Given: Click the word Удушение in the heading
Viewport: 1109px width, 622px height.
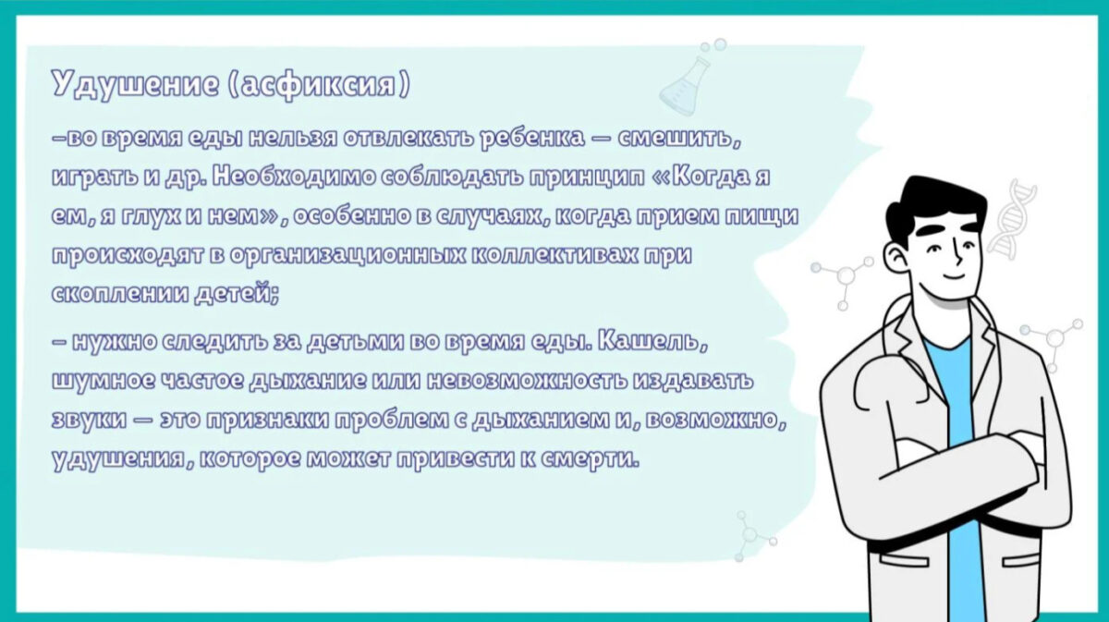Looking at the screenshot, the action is click(135, 84).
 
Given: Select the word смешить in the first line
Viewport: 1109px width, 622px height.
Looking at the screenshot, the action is click(678, 138).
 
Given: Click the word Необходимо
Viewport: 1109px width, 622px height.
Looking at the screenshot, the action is click(294, 177).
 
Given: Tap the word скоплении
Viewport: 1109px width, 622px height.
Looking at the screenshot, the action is click(120, 293).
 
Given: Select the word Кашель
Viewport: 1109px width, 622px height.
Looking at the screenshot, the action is click(652, 341).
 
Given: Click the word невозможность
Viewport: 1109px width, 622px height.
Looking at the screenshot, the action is click(527, 381).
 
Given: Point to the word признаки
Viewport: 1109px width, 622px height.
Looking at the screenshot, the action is click(267, 421).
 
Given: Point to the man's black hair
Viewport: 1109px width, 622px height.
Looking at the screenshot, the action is click(935, 208).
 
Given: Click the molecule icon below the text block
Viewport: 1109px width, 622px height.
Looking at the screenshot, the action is click(752, 536).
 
